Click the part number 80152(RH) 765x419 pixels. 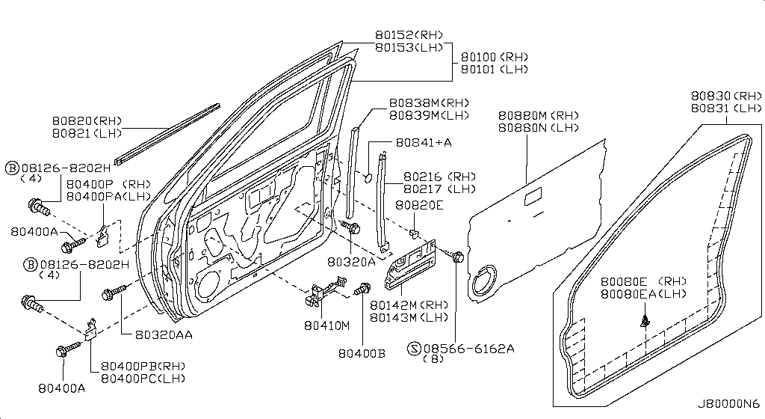coord(409,34)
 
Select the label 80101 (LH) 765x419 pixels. coord(495,70)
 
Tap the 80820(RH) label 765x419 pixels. coord(87,120)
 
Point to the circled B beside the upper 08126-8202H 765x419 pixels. coord(12,168)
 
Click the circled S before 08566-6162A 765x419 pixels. coord(414,349)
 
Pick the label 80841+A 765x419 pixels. coord(424,142)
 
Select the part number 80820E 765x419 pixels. coord(419,205)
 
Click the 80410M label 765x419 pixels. coord(327,325)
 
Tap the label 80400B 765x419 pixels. coord(362,353)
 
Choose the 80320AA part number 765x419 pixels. coord(164,334)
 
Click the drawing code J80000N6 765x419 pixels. coord(728,404)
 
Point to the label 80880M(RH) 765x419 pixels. coord(538,116)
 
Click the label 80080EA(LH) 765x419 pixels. coord(643,293)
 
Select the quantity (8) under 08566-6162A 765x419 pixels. coord(433,359)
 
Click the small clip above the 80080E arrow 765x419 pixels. coord(645,321)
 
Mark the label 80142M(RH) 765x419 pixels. coord(409,305)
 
